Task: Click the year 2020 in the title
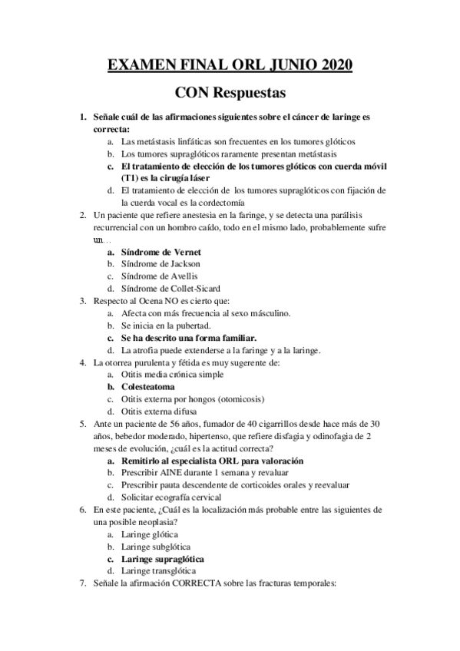[333, 65]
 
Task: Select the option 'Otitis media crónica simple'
[173, 375]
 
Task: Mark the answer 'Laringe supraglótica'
[165, 559]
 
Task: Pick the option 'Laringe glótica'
[150, 534]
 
